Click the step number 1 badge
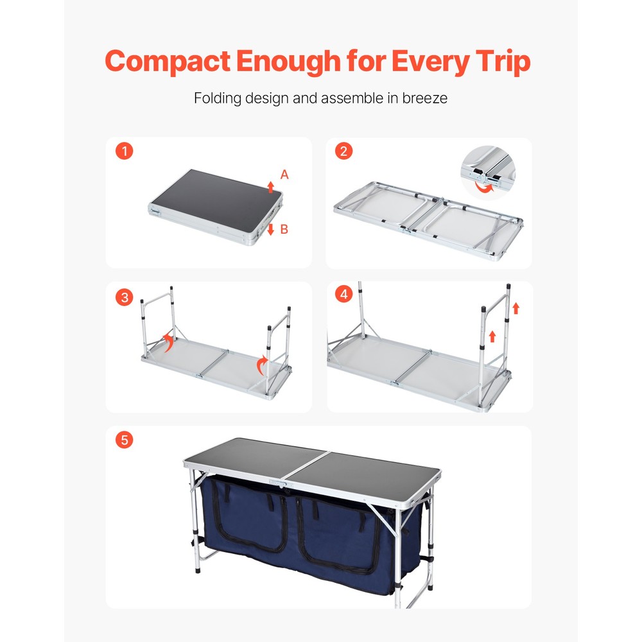coord(125,152)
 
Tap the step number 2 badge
coord(344,152)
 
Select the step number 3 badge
coord(125,297)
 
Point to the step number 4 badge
coord(344,295)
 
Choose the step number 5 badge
coord(125,440)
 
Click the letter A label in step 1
coord(284,175)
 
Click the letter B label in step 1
coord(284,229)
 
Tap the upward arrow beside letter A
coord(271,187)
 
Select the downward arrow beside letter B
coord(271,229)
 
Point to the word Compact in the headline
coord(168,62)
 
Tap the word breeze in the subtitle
coord(425,99)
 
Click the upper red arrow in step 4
coord(516,309)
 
